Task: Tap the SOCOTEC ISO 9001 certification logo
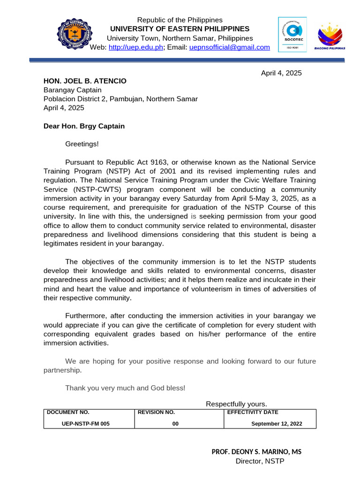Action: [x=292, y=35]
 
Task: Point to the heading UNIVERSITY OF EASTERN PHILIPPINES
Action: [x=180, y=29]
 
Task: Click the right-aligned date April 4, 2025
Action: [x=281, y=73]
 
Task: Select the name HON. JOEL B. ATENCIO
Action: [x=85, y=81]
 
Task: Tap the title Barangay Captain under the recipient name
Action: [x=72, y=90]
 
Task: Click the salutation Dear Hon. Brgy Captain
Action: [x=84, y=126]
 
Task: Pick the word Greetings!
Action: [x=82, y=144]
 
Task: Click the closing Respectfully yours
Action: [x=236, y=404]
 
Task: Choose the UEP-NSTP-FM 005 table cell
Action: [x=86, y=424]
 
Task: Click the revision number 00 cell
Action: [x=175, y=424]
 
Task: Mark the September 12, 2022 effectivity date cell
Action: [x=277, y=424]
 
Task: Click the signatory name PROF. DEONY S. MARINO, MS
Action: [x=256, y=452]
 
